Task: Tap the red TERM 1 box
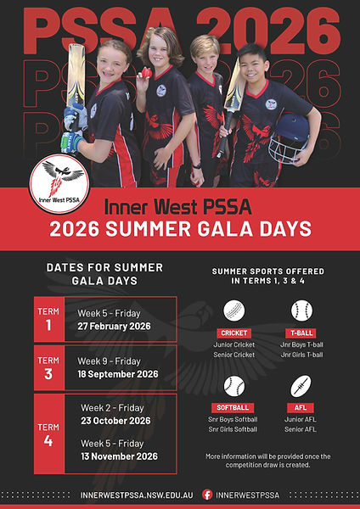click(x=48, y=318)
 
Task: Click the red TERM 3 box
click(x=48, y=366)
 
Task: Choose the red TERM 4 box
click(x=48, y=433)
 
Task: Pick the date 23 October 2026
click(x=115, y=420)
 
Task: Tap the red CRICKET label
click(x=233, y=333)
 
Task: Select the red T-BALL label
click(x=301, y=333)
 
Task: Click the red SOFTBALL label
click(x=233, y=407)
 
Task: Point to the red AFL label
click(x=301, y=407)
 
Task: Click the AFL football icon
click(x=301, y=386)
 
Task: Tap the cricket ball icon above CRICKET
click(x=233, y=310)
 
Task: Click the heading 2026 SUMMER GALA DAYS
click(x=180, y=227)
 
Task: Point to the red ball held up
click(x=146, y=73)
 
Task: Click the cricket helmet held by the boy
click(x=289, y=136)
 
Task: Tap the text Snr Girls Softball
click(x=233, y=430)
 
